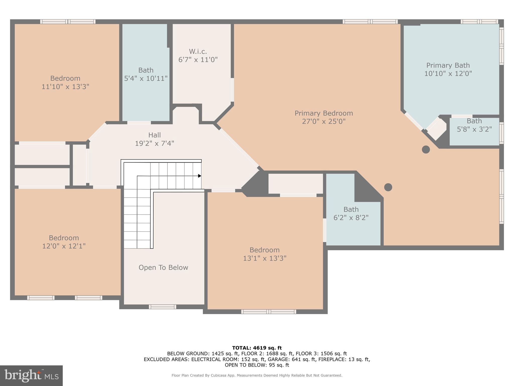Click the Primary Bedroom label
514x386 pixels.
tap(324, 113)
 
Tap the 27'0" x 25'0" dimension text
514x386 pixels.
tap(324, 122)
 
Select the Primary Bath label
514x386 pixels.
tap(448, 66)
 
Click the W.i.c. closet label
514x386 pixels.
tap(198, 52)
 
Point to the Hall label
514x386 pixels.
tap(154, 135)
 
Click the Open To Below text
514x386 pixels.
tap(163, 267)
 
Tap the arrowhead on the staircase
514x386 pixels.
tap(200, 176)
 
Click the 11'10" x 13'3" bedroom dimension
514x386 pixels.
tap(65, 87)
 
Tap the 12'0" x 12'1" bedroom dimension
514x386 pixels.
tap(64, 246)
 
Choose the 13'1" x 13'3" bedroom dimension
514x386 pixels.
tap(265, 258)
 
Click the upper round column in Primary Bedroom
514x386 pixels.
tap(426, 150)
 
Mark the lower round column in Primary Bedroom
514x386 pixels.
tap(388, 187)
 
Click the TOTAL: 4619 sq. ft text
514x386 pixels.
tap(257, 348)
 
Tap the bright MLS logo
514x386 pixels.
tap(31, 376)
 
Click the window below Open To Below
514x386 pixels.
tap(162, 307)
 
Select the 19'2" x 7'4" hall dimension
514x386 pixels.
tap(154, 143)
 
